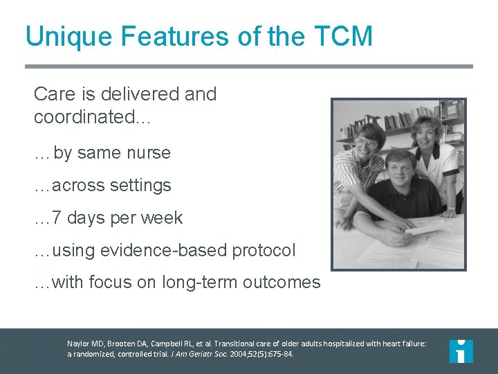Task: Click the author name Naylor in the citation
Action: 79,343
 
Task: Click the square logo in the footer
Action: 461,350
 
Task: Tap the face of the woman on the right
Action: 427,134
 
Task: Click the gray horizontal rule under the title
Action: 249,66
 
